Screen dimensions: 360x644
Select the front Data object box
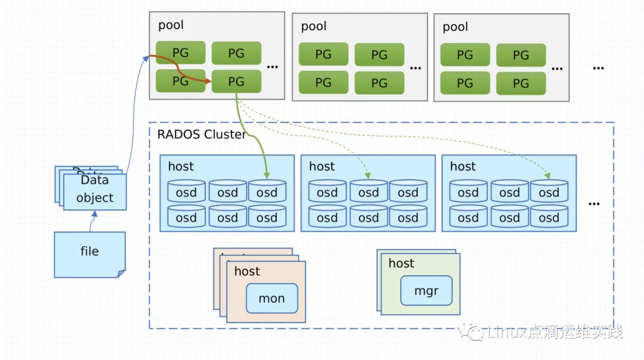[95, 190]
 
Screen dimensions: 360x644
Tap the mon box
[272, 299]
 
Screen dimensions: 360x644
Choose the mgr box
[426, 291]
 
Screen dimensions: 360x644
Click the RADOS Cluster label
[202, 134]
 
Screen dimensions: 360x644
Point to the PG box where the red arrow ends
[236, 81]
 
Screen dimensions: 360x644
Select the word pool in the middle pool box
[314, 26]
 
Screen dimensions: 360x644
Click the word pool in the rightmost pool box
[456, 27]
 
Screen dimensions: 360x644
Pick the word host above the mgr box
[401, 263]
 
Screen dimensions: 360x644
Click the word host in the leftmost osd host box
[181, 166]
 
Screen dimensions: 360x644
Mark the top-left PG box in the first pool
[181, 52]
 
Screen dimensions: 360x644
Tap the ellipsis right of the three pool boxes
[598, 67]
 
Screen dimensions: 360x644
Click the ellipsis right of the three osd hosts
[594, 203]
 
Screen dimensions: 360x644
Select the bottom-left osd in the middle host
[327, 218]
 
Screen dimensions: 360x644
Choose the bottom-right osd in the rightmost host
[549, 218]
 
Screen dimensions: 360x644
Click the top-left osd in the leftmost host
[186, 192]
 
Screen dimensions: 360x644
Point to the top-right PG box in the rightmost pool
[521, 55]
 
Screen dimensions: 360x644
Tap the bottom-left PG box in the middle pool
[323, 82]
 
